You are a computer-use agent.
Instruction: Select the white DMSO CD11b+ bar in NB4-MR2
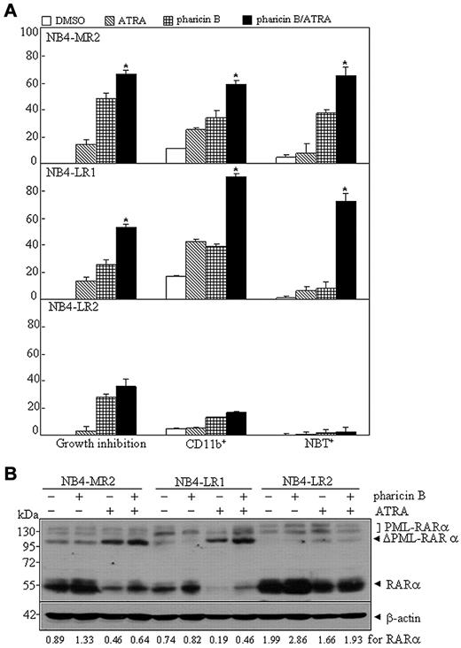click(176, 155)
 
